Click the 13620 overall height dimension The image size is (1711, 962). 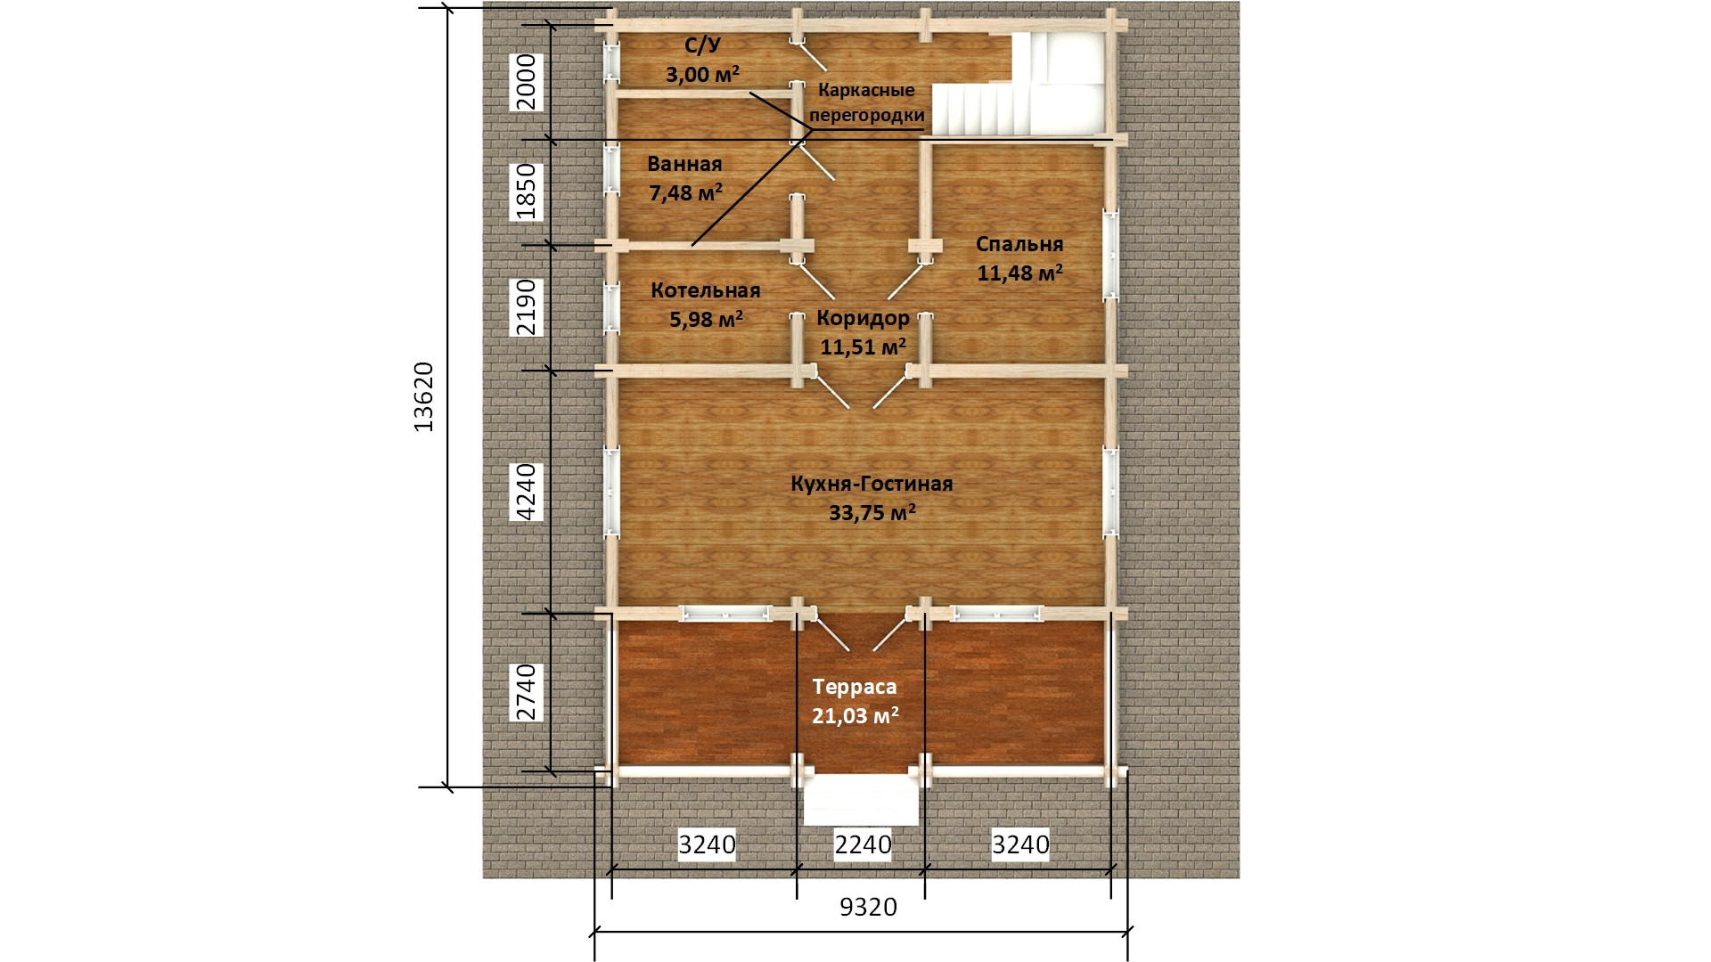[x=423, y=397]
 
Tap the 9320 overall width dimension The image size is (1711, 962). [x=868, y=907]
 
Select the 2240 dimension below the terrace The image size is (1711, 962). [x=863, y=844]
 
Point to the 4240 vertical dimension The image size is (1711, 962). [x=527, y=492]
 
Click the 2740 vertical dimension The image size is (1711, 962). [x=527, y=692]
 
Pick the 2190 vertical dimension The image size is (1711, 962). [x=527, y=306]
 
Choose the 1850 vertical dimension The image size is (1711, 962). [x=527, y=191]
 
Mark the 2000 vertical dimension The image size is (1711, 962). [x=527, y=82]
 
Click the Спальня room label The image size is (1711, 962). [x=1019, y=245]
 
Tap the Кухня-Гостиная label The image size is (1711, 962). [x=872, y=484]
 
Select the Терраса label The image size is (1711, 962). [x=855, y=688]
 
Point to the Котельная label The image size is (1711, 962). [x=706, y=290]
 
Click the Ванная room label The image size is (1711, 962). [x=684, y=164]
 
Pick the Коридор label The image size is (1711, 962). [x=864, y=318]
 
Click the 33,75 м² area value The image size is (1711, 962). [x=872, y=512]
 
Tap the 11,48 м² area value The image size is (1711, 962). [x=1019, y=273]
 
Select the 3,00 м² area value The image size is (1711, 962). [x=702, y=74]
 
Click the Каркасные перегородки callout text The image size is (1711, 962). [x=867, y=102]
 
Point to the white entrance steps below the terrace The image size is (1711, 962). [x=861, y=799]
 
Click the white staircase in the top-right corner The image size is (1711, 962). [x=1021, y=86]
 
